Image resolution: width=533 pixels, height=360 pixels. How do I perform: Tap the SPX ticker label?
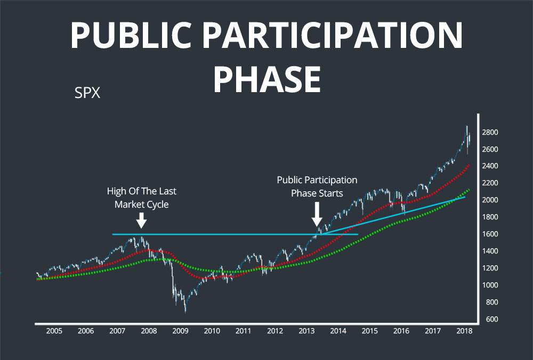[87, 94]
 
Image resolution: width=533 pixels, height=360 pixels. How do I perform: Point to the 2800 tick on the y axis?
[491, 132]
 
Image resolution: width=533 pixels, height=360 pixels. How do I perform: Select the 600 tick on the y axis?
[491, 320]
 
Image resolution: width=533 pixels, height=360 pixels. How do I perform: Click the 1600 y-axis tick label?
[491, 234]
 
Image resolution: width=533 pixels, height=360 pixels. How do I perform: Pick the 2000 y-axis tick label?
[491, 200]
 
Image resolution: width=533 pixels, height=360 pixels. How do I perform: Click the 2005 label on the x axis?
[54, 331]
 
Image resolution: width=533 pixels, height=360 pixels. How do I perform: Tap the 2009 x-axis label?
[180, 331]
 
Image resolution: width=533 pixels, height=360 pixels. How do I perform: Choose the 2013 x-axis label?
[306, 331]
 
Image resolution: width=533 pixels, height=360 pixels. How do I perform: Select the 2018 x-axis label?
[464, 331]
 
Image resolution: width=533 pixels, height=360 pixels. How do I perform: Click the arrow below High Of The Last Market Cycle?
[141, 220]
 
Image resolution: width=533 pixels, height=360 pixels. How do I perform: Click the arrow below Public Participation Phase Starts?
[317, 215]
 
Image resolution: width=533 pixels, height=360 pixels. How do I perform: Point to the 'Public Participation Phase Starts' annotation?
[317, 186]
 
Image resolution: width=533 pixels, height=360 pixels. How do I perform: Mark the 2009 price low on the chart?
[185, 312]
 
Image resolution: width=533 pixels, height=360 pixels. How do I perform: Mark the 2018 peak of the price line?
[467, 126]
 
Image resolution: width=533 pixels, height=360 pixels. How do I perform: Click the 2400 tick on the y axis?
[491, 166]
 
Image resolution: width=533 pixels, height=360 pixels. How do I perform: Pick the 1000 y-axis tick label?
[491, 285]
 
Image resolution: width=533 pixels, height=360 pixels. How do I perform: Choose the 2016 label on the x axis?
[401, 331]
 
